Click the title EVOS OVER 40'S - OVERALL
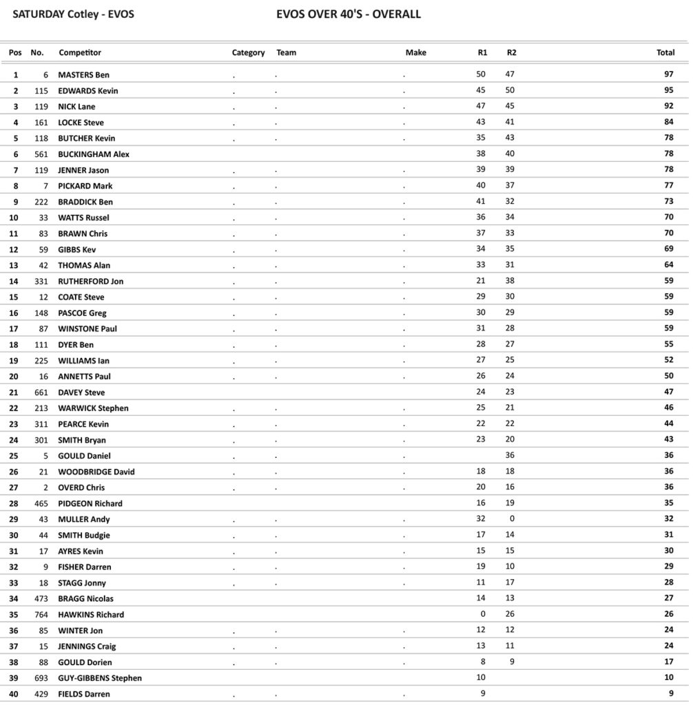[x=348, y=14]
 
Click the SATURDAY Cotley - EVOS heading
[x=74, y=14]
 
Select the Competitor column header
[x=80, y=53]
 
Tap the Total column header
[x=665, y=53]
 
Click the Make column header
[x=415, y=53]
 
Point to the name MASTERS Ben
[x=83, y=75]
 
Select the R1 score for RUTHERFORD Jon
[x=481, y=281]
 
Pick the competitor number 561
[x=41, y=154]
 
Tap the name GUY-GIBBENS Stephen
[x=100, y=678]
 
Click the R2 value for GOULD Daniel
[x=510, y=456]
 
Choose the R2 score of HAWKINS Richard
[x=510, y=614]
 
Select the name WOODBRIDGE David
[x=96, y=472]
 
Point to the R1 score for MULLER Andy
[x=481, y=519]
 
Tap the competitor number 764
[x=41, y=614]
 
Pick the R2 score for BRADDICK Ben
[x=510, y=202]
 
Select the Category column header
[x=248, y=53]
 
